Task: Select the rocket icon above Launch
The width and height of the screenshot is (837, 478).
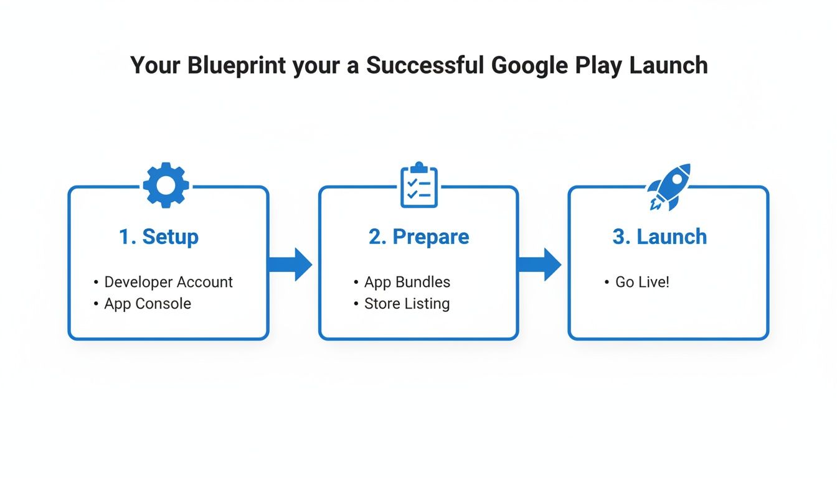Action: point(669,186)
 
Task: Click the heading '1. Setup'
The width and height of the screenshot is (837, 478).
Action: point(159,237)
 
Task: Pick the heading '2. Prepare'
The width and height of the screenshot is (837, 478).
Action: point(418,237)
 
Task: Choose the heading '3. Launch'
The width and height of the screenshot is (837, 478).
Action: point(660,237)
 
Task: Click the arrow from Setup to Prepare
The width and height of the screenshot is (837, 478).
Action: point(290,265)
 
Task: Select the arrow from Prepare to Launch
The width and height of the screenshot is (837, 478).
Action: point(539,265)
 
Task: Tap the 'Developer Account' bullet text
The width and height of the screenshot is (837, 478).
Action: point(168,282)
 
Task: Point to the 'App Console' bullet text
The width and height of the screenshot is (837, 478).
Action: point(148,304)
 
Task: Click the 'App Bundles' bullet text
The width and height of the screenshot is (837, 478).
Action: point(407,282)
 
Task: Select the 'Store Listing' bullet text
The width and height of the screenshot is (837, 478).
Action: point(407,304)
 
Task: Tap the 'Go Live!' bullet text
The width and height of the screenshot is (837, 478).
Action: point(642,282)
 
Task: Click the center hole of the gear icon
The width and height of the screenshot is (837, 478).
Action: point(166,185)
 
